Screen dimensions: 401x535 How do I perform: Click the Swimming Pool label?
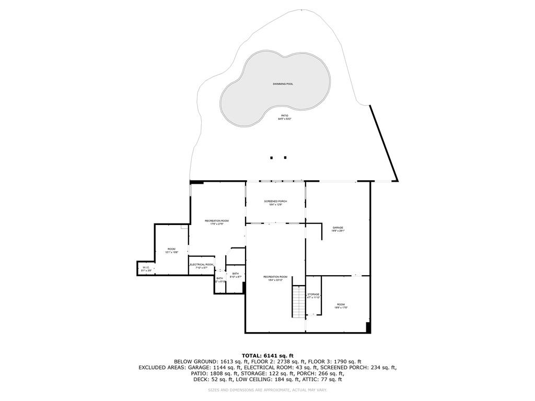(x=283, y=84)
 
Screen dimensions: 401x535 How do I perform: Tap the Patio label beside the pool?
(x=285, y=116)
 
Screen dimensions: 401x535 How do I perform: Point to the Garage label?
(x=338, y=228)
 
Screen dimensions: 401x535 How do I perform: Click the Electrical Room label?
(x=202, y=265)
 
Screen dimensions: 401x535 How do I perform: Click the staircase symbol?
(x=298, y=302)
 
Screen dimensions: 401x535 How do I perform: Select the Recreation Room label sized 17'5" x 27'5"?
(x=217, y=221)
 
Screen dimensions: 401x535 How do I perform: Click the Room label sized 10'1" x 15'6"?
(x=172, y=249)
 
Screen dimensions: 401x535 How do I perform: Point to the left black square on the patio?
(x=272, y=157)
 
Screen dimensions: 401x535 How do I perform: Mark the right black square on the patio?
(x=285, y=157)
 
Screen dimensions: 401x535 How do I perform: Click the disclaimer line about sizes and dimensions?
(x=267, y=390)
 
